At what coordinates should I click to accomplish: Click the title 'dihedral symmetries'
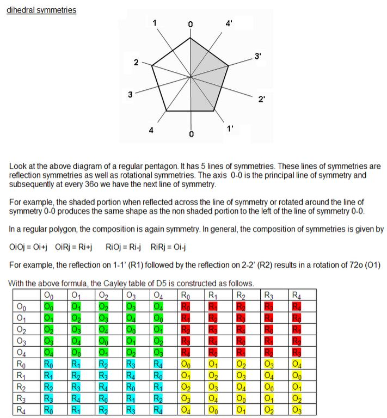pyautogui.click(x=41, y=10)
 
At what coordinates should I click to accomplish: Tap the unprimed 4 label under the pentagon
pyautogui.click(x=151, y=130)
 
